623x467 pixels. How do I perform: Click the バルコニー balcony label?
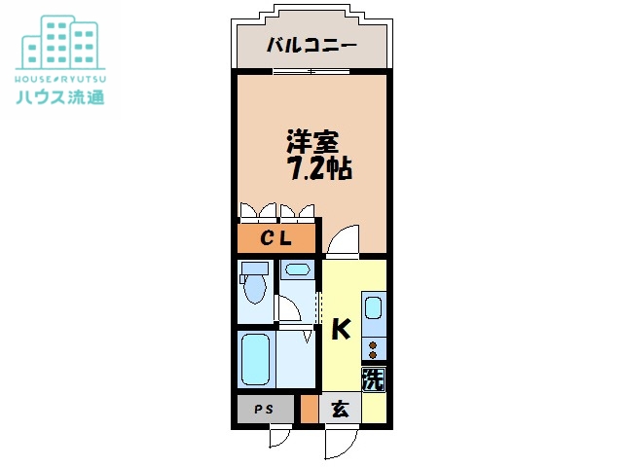311,45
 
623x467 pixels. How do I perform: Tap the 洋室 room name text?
311,141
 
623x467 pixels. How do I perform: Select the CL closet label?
276,238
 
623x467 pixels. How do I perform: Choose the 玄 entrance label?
340,410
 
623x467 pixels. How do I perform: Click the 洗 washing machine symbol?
374,379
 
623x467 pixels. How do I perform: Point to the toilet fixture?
255,284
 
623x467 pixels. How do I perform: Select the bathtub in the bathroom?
255,360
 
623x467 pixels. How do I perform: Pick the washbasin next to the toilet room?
296,269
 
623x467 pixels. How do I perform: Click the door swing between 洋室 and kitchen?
342,240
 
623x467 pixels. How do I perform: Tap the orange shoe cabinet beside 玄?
309,410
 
